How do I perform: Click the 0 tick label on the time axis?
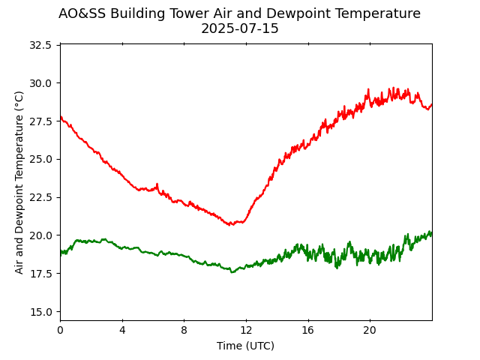coord(60,330)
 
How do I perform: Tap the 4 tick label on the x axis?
coord(122,330)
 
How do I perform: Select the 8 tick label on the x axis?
coord(184,330)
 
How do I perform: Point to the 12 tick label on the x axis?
coord(246,330)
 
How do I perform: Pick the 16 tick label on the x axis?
coord(307,330)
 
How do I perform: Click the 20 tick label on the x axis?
coord(370,330)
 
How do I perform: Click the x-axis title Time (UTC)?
coord(246,346)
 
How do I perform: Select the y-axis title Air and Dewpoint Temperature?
coord(19,182)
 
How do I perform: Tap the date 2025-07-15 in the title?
coord(240,29)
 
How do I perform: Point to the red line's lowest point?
coord(230,224)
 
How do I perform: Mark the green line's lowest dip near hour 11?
coord(232,271)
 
